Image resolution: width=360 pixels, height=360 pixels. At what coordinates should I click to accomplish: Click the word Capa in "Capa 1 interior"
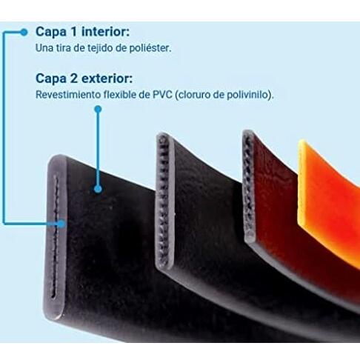tap(51, 32)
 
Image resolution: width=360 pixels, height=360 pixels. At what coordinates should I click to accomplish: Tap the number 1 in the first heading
tap(74, 31)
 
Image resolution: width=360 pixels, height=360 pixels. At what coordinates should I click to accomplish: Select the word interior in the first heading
tap(105, 31)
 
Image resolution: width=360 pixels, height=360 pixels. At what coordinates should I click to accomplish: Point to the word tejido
tap(101, 48)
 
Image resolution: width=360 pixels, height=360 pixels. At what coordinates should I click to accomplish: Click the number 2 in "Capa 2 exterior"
tap(74, 79)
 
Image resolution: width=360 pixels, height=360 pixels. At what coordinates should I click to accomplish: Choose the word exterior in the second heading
tap(107, 79)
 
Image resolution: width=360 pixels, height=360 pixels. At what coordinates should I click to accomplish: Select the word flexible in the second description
tap(120, 95)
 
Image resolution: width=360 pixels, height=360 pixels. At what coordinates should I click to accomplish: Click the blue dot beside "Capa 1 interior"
tap(24, 32)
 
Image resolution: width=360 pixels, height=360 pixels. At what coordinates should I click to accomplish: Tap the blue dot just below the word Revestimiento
tap(99, 109)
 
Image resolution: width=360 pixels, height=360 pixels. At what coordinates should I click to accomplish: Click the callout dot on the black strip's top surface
tap(98, 189)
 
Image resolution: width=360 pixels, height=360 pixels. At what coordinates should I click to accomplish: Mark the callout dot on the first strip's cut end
tap(61, 224)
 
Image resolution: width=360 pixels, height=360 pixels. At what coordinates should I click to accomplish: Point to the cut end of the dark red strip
tap(248, 185)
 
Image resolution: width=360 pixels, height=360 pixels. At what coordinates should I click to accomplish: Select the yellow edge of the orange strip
tap(302, 183)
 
